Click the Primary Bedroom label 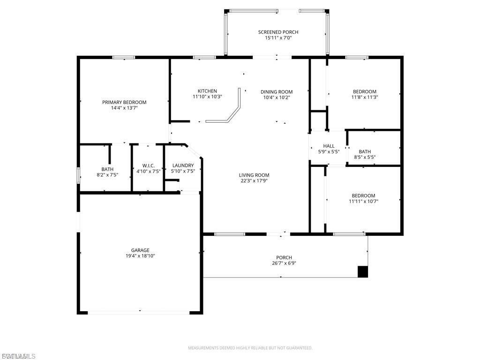click(x=124, y=102)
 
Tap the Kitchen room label click(x=207, y=91)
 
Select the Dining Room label click(x=277, y=92)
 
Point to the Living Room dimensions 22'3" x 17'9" click(x=254, y=181)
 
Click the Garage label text click(x=140, y=250)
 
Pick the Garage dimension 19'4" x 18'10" click(x=140, y=256)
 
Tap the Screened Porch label click(x=278, y=32)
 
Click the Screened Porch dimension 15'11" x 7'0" click(x=278, y=38)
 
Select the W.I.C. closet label click(x=148, y=166)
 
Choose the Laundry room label click(x=183, y=165)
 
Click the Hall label click(x=329, y=146)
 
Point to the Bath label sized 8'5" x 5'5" click(x=365, y=151)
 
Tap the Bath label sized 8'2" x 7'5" click(x=107, y=169)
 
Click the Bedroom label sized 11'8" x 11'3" click(x=364, y=91)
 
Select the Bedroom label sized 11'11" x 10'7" click(x=363, y=195)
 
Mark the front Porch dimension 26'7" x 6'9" click(x=284, y=263)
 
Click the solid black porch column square click(x=362, y=271)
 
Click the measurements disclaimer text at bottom click(x=250, y=348)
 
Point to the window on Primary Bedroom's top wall click(x=123, y=58)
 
